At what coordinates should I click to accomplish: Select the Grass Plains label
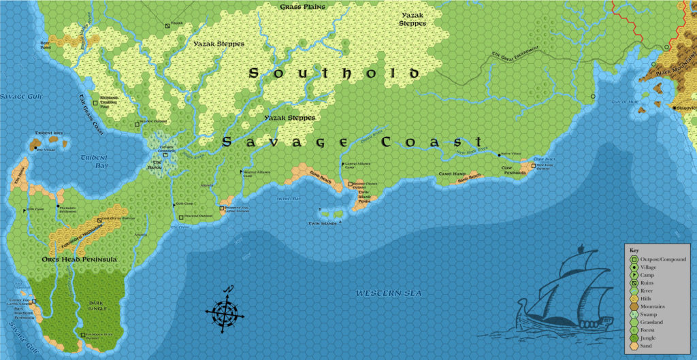click(x=302, y=7)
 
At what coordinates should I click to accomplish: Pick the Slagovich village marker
click(x=674, y=108)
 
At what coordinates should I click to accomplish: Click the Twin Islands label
click(x=323, y=223)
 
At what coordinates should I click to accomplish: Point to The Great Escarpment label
click(x=515, y=54)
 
